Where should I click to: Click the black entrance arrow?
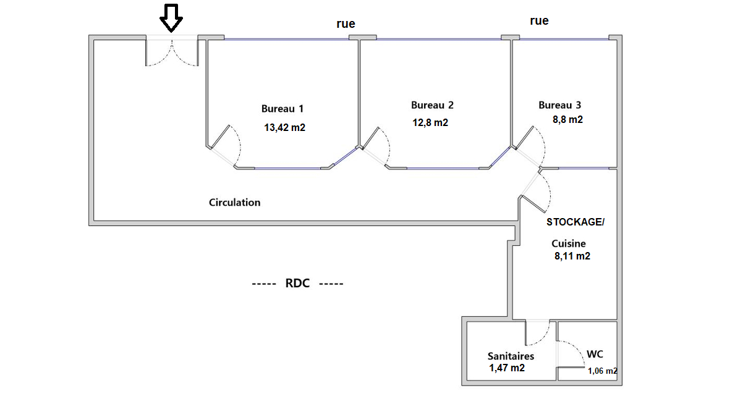tap(171, 19)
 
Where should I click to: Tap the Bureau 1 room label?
tap(282, 109)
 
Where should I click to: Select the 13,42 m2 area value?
tap(284, 127)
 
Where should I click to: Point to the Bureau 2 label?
tap(432, 105)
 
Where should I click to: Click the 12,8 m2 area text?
tap(430, 122)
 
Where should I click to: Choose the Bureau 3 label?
tap(559, 105)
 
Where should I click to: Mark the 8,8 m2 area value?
tap(567, 119)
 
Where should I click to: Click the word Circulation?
tap(234, 203)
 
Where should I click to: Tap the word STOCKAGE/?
tap(576, 222)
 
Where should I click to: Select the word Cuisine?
tap(568, 243)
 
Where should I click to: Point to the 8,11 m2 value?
tap(572, 256)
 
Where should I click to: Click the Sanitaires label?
tap(511, 356)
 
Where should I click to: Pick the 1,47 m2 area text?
tap(507, 368)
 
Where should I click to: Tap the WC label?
tap(595, 354)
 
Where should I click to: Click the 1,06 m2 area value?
tap(602, 371)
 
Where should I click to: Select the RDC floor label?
tap(297, 283)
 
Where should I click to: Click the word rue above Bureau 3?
tap(539, 20)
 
